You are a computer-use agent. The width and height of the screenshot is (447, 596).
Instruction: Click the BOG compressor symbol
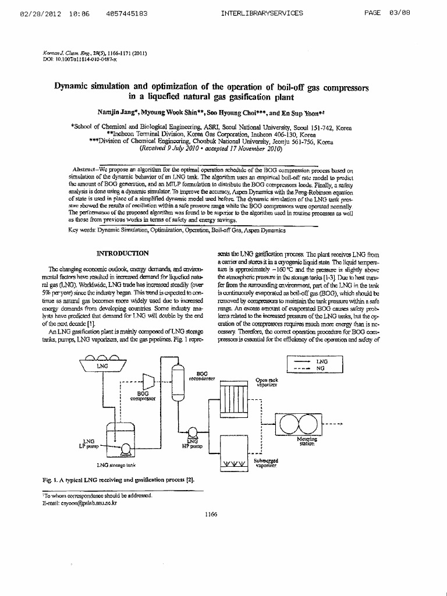coord(148,381)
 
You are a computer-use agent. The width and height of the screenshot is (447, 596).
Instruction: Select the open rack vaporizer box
coord(233,399)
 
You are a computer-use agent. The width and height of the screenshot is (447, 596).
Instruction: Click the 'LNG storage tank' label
coord(116,466)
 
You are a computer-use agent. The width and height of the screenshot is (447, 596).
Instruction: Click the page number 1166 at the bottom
coord(211,514)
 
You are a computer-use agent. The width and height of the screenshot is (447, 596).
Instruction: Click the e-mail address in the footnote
coord(84,503)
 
